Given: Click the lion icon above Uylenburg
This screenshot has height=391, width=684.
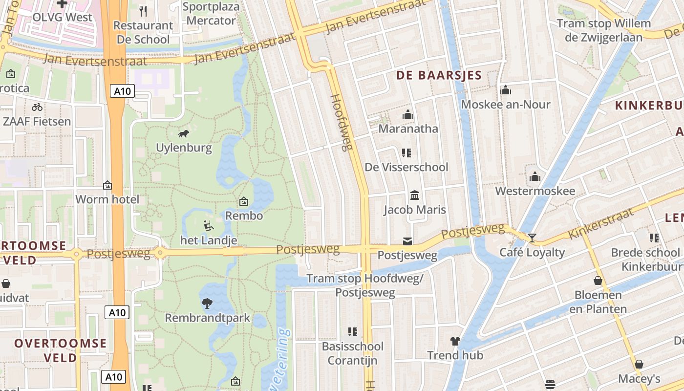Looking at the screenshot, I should [184, 133].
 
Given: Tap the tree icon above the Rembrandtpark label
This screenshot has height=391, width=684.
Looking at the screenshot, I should [207, 304].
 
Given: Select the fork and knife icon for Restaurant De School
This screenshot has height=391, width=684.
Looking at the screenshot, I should [143, 11].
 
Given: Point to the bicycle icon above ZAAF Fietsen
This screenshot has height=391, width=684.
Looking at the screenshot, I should [37, 107].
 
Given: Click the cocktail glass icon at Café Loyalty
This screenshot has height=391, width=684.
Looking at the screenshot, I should [532, 238].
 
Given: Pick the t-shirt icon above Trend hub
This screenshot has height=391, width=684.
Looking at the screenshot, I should [455, 341].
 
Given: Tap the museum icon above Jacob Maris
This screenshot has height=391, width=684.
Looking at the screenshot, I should [415, 195].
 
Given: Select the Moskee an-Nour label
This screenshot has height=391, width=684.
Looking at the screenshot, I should [506, 105].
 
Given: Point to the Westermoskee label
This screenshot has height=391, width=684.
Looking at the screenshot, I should [535, 191].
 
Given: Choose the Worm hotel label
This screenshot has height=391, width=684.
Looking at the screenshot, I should [107, 199].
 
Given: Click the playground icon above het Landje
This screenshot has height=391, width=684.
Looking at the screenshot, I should [209, 226].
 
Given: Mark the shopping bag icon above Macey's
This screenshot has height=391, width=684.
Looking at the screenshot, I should [639, 365].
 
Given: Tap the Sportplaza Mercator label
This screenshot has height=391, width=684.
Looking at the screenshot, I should [211, 14].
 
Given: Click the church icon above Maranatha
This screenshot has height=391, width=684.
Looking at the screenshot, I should [408, 115].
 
